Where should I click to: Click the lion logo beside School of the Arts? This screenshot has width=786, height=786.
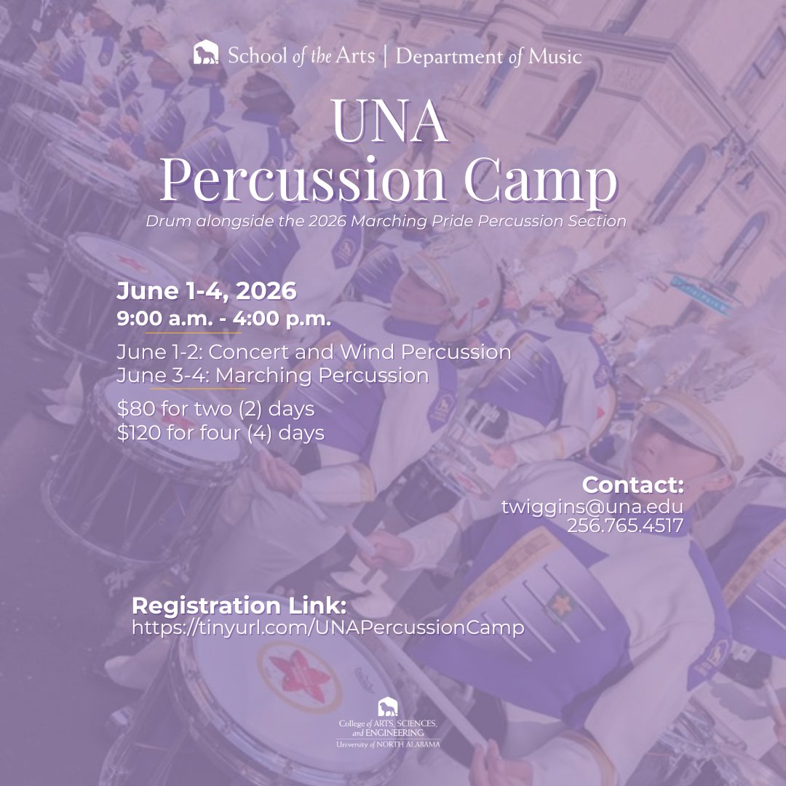206,54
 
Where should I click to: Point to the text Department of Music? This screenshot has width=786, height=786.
488,56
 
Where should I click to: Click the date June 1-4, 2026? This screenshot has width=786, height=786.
207,292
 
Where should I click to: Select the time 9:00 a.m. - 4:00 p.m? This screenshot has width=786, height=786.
224,319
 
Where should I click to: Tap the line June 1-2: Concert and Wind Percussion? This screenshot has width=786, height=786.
314,352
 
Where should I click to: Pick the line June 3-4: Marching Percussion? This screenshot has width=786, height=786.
273,376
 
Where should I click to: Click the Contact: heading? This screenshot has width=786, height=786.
632,485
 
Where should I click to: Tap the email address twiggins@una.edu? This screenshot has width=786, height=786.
592,507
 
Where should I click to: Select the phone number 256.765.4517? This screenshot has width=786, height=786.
624,525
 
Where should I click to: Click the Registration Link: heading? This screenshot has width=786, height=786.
239,606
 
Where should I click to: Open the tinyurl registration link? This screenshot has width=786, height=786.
327,628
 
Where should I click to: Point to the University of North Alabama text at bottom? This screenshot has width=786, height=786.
388,744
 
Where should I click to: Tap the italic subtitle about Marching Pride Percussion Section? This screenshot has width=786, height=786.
386,221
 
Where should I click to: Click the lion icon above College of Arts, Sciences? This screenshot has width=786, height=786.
388,706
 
